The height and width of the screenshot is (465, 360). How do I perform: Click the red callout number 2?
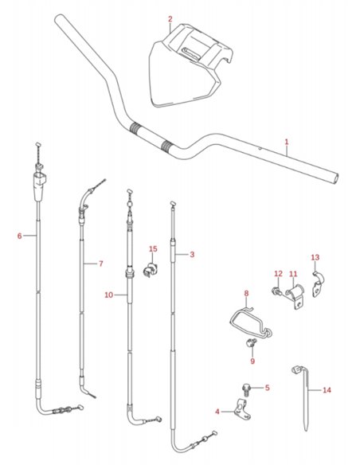pyautogui.click(x=170, y=19)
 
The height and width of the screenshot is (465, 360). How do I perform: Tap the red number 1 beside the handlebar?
pyautogui.click(x=287, y=142)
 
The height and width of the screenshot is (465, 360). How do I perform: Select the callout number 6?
pyautogui.click(x=20, y=236)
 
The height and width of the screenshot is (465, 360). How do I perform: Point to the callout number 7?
pyautogui.click(x=101, y=264)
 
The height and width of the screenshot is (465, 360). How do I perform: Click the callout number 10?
pyautogui.click(x=109, y=295)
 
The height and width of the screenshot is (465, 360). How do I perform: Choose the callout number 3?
pyautogui.click(x=192, y=255)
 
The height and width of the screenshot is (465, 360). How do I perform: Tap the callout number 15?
pyautogui.click(x=153, y=248)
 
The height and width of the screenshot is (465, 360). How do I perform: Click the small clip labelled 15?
pyautogui.click(x=151, y=269)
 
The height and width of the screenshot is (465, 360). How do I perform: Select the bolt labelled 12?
pyautogui.click(x=277, y=291)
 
